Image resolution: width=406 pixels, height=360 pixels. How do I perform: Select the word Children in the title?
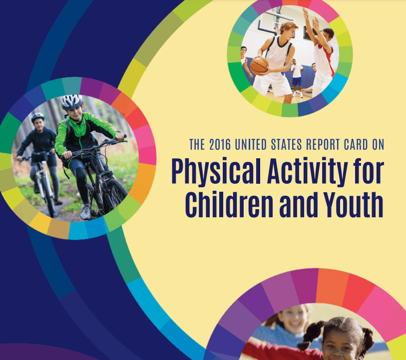click(229, 205)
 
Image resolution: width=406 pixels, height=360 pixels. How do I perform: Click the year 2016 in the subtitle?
click(220, 144)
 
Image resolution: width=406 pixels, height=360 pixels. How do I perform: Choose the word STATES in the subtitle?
click(286, 144)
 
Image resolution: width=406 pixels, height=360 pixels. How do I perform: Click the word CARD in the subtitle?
click(356, 144)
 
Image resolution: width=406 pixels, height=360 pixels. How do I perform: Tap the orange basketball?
click(259, 66)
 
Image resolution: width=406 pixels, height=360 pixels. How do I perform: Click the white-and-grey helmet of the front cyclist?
click(72, 101)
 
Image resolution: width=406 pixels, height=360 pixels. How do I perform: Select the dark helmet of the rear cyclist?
click(38, 117)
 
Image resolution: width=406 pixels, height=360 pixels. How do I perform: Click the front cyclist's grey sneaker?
click(85, 211)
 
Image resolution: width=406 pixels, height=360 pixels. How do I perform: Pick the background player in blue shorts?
click(297, 77)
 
